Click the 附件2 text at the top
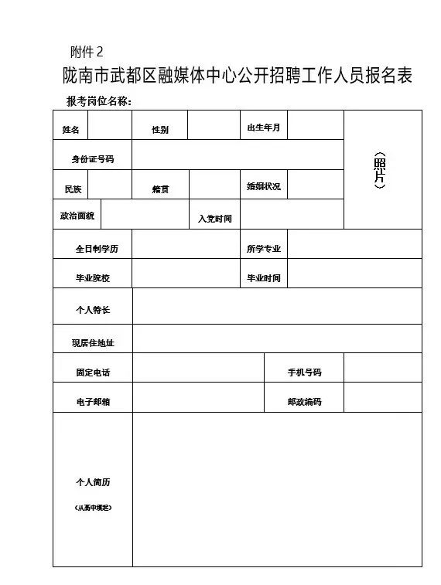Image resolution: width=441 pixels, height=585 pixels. pyautogui.click(x=86, y=52)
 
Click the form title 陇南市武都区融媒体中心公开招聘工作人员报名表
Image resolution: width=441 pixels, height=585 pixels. pyautogui.click(x=238, y=76)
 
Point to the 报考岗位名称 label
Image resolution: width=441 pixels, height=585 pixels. pyautogui.click(x=100, y=101)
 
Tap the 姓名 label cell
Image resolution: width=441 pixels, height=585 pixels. pyautogui.click(x=70, y=129)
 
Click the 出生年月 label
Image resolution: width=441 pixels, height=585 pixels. pyautogui.click(x=263, y=128)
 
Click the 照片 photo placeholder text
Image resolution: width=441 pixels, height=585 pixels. pyautogui.click(x=379, y=170)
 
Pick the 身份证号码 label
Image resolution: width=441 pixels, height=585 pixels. pyautogui.click(x=93, y=159)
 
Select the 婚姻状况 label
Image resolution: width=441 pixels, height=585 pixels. pyautogui.click(x=263, y=187)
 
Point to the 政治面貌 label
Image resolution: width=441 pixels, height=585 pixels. pyautogui.click(x=77, y=216)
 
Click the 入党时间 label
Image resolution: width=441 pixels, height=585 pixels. pyautogui.click(x=214, y=219)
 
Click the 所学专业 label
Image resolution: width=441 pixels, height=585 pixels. pyautogui.click(x=264, y=249)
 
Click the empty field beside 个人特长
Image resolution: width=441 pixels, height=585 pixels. pyautogui.click(x=277, y=306)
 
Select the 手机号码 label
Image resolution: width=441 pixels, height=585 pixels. pyautogui.click(x=304, y=372)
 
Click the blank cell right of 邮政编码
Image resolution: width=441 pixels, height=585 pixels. pyautogui.click(x=382, y=397)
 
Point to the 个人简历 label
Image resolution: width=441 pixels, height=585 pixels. pyautogui.click(x=93, y=482)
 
